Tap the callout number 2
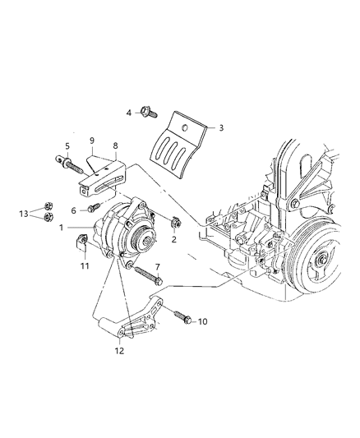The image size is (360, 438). point(174,240)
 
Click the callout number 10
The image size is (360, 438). point(203,321)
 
